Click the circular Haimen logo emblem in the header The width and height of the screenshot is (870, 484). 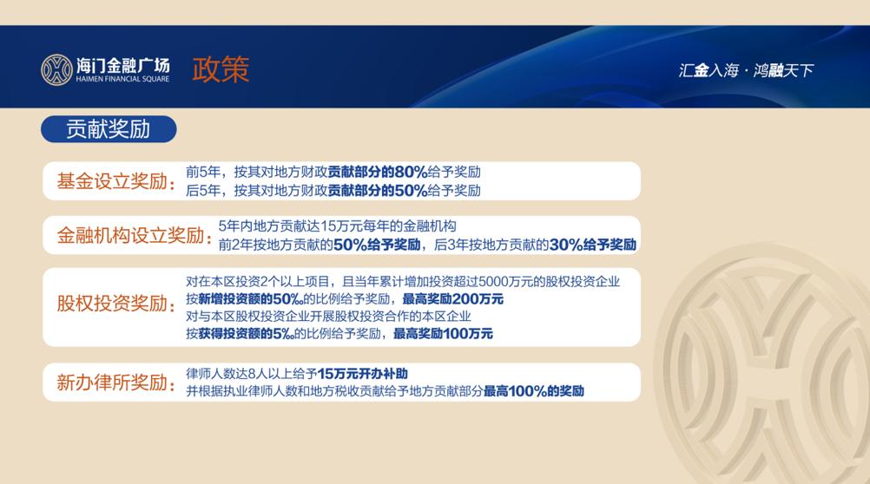click(x=56, y=70)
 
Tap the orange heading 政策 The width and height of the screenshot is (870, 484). click(x=221, y=70)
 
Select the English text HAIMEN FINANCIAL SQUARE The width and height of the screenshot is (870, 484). click(x=122, y=79)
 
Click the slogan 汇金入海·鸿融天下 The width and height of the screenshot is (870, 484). click(x=746, y=70)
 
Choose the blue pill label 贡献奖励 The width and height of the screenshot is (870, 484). click(x=109, y=129)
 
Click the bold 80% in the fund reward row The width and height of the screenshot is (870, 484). click(x=412, y=172)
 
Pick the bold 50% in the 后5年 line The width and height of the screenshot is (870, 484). click(x=412, y=191)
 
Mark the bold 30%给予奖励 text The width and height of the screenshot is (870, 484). click(x=592, y=245)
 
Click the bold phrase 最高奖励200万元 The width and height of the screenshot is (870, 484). click(x=452, y=299)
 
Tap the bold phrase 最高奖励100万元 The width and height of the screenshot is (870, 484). click(x=443, y=334)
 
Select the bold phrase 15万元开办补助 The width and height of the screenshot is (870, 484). click(x=362, y=374)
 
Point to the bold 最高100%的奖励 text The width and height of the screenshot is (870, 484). click(x=534, y=391)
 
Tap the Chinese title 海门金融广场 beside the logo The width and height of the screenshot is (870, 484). click(x=122, y=65)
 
